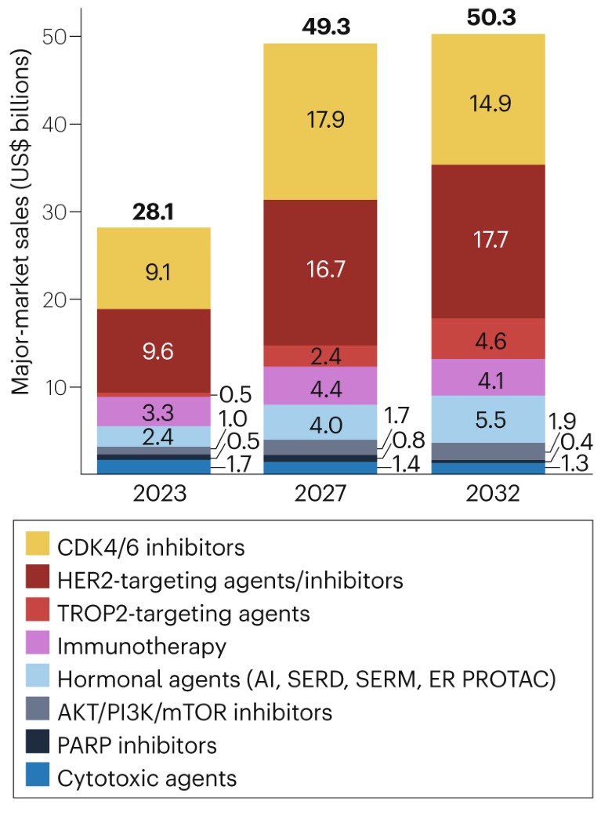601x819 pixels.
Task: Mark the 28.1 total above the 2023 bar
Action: coord(154,212)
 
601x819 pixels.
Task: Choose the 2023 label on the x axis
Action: coord(154,495)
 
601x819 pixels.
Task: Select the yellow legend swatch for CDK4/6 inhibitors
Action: coord(38,545)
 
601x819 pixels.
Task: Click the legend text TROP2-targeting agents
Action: coord(183,614)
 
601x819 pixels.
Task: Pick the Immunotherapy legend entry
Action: coord(141,647)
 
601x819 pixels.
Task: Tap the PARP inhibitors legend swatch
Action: coord(38,745)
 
